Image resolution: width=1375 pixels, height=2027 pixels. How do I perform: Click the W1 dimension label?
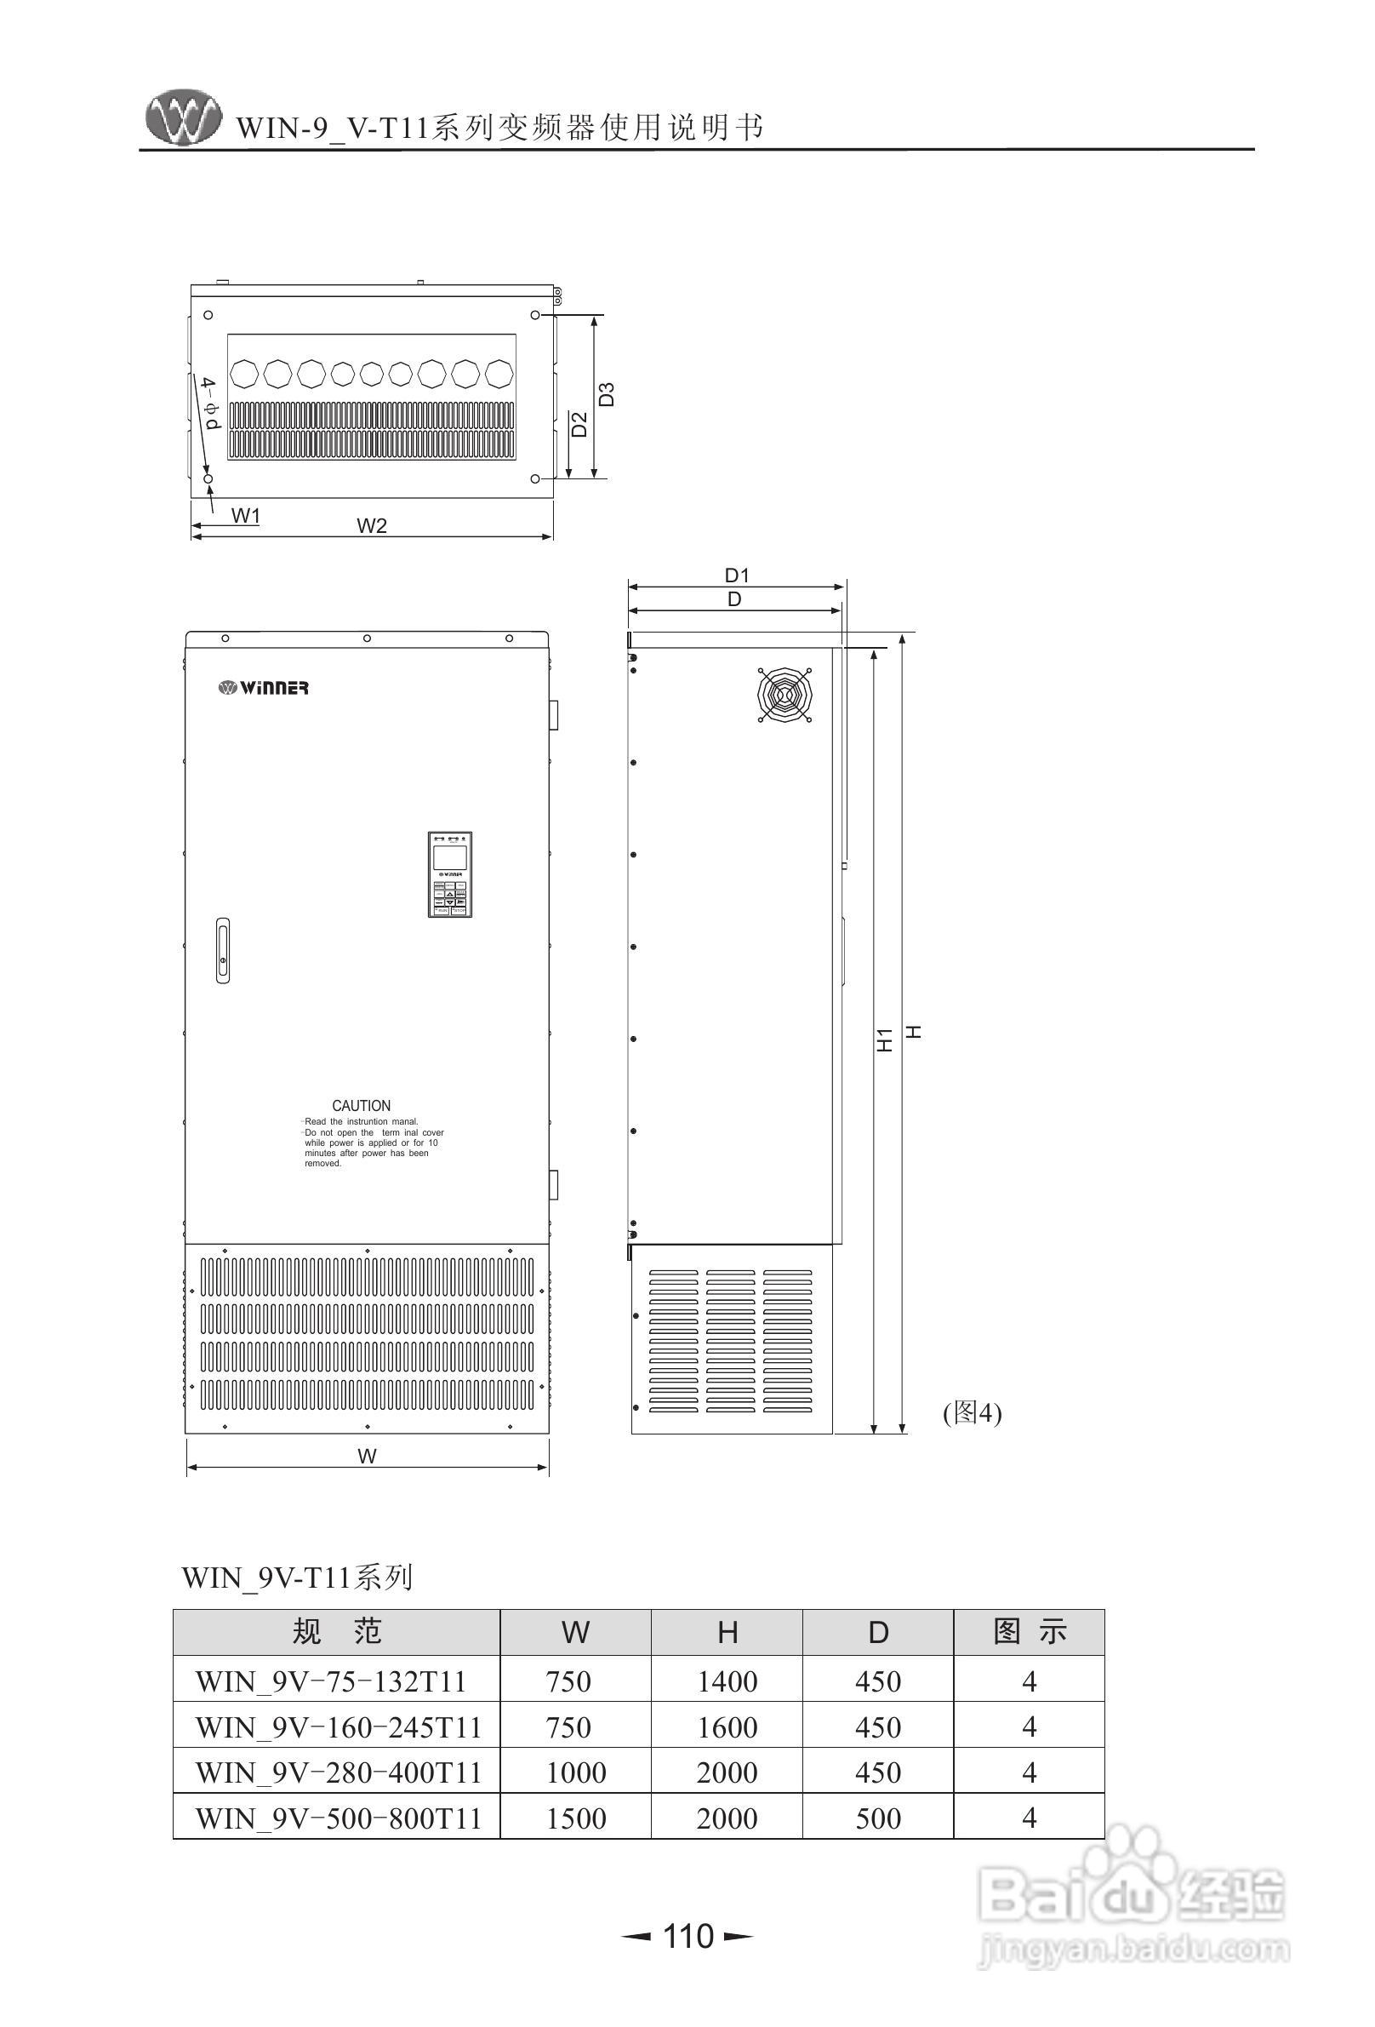tap(246, 515)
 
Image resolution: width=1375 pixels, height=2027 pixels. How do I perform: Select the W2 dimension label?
tap(372, 525)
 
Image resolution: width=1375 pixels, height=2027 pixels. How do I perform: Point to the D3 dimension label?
tap(607, 394)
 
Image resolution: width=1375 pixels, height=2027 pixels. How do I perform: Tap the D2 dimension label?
tap(579, 425)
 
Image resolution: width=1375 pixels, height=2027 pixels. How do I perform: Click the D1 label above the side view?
tap(737, 575)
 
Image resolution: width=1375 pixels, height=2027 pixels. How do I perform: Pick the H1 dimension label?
tap(885, 1039)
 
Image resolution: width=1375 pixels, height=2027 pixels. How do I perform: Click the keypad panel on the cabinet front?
tap(450, 874)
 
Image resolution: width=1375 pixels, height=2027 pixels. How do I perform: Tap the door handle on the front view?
tap(223, 950)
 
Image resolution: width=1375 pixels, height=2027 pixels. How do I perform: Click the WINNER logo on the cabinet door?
tap(263, 688)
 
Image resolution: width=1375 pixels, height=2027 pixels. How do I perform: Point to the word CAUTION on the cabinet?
tap(361, 1105)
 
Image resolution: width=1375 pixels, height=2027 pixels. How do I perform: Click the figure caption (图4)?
tap(973, 1412)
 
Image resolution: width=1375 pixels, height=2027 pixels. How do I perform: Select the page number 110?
tap(688, 1935)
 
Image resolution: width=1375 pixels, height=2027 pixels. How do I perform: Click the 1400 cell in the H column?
tap(727, 1681)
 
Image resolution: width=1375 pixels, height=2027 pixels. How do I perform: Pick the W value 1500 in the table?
tap(575, 1818)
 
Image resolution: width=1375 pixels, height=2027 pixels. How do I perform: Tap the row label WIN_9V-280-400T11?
tap(339, 1772)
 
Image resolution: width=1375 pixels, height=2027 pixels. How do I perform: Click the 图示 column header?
tap(1029, 1632)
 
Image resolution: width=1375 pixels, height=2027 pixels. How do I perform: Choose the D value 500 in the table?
tap(877, 1818)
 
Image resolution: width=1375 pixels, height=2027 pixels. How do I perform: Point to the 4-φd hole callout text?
tap(209, 404)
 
